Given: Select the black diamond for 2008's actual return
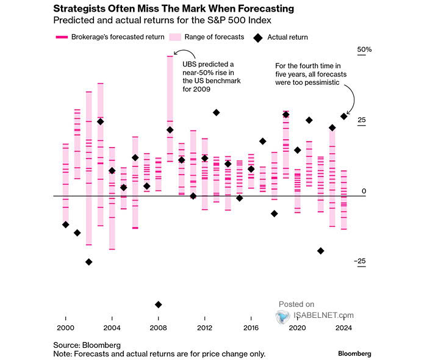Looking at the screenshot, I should (159, 304).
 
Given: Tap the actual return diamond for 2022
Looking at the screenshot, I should (320, 251).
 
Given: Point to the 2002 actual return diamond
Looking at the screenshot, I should (88, 262).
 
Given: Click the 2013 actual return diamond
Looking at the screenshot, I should (216, 112).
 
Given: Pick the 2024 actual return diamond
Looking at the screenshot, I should (343, 116).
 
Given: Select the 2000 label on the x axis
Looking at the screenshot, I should (65, 328).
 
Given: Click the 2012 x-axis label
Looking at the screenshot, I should (204, 328).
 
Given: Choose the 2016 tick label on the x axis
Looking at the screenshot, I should (251, 328).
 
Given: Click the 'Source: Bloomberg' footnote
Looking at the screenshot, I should (87, 345).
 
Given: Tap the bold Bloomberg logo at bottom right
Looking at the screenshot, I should (354, 353).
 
